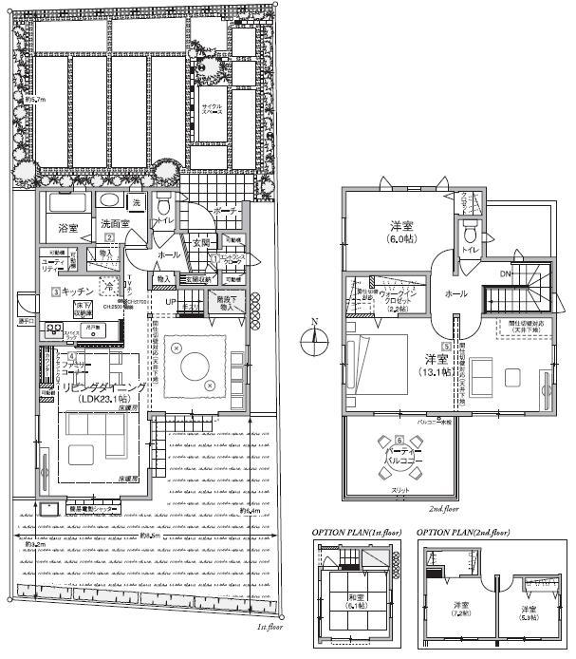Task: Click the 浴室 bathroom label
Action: pos(66,229)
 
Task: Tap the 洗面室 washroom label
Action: pos(116,224)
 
